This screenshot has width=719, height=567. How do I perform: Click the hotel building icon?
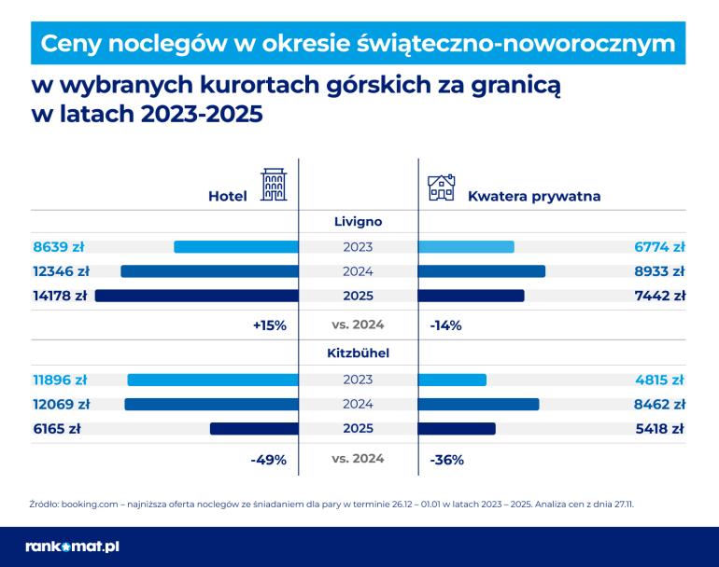pos(273,187)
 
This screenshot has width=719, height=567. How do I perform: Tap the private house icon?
pos(441,187)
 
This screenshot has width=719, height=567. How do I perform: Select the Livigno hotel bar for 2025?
pos(197,296)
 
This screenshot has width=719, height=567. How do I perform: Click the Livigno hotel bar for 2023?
pos(236,247)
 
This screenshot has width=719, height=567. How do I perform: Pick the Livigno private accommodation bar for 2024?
pos(482,271)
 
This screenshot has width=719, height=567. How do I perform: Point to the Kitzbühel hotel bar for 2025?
pos(254,429)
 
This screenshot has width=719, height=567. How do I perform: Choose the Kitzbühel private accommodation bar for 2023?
pos(453,380)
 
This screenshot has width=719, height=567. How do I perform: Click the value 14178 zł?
pos(60,296)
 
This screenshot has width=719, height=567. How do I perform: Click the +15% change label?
pos(269,325)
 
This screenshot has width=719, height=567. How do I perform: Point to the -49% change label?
pos(269,460)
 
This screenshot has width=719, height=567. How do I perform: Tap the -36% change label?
pos(446,460)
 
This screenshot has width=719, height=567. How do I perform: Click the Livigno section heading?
pos(359,222)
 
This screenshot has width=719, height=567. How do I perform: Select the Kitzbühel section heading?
pos(359,354)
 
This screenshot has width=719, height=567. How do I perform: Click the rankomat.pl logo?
pos(72,546)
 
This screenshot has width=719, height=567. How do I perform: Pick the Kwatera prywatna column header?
pos(533,197)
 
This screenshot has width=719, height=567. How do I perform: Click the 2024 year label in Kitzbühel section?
pos(359,405)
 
